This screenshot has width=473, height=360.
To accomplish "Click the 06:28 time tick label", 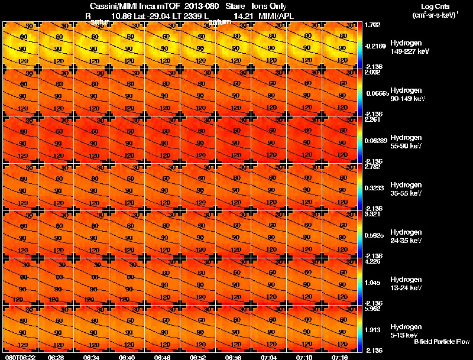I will [56, 357].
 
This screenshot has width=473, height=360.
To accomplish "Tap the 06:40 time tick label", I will [127, 357].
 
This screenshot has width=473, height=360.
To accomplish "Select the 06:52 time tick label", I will [197, 357].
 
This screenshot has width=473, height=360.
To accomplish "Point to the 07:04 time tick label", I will [268, 357].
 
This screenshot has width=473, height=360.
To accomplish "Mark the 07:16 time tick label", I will [339, 357].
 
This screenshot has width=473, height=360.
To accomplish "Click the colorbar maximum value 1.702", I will [373, 25].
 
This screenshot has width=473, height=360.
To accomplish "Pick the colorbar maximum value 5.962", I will [373, 309].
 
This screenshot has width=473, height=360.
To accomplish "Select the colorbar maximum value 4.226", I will [373, 261].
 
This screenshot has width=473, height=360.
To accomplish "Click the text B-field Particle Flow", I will [441, 342].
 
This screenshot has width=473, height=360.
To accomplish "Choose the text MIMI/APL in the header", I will [276, 16].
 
